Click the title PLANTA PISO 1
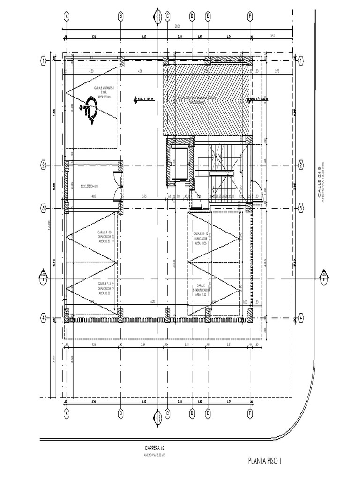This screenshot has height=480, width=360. tap(265, 461)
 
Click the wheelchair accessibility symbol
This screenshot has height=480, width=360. tap(88, 110)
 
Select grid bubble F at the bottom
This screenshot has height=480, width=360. tap(250, 414)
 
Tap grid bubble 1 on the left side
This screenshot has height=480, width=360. tap(43, 61)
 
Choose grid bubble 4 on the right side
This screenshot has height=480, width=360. tap(300, 318)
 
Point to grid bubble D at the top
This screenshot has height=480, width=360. tap(192, 16)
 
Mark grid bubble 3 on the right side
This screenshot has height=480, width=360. tap(300, 208)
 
